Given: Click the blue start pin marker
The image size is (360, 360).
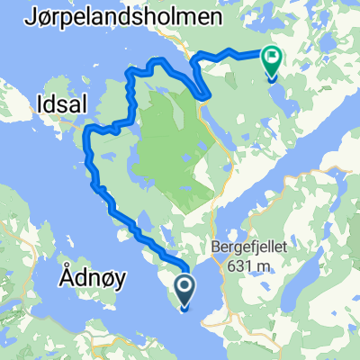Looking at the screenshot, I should click(x=184, y=291).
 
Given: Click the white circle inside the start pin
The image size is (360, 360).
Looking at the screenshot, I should click(x=184, y=286).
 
